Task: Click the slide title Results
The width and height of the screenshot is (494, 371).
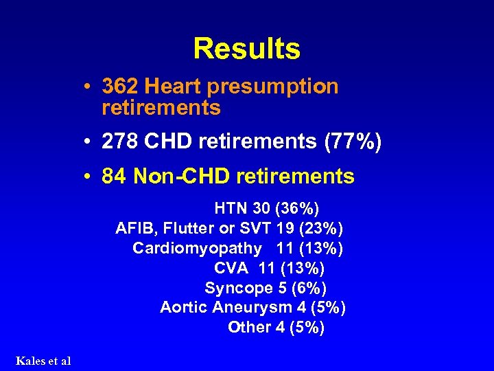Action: click(x=246, y=49)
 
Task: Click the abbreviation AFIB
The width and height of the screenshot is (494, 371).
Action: click(x=133, y=227)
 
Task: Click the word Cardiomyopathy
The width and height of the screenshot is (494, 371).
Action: click(x=198, y=247)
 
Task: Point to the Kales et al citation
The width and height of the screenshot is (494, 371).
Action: click(x=43, y=361)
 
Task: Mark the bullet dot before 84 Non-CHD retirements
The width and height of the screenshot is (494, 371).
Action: click(x=89, y=177)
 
